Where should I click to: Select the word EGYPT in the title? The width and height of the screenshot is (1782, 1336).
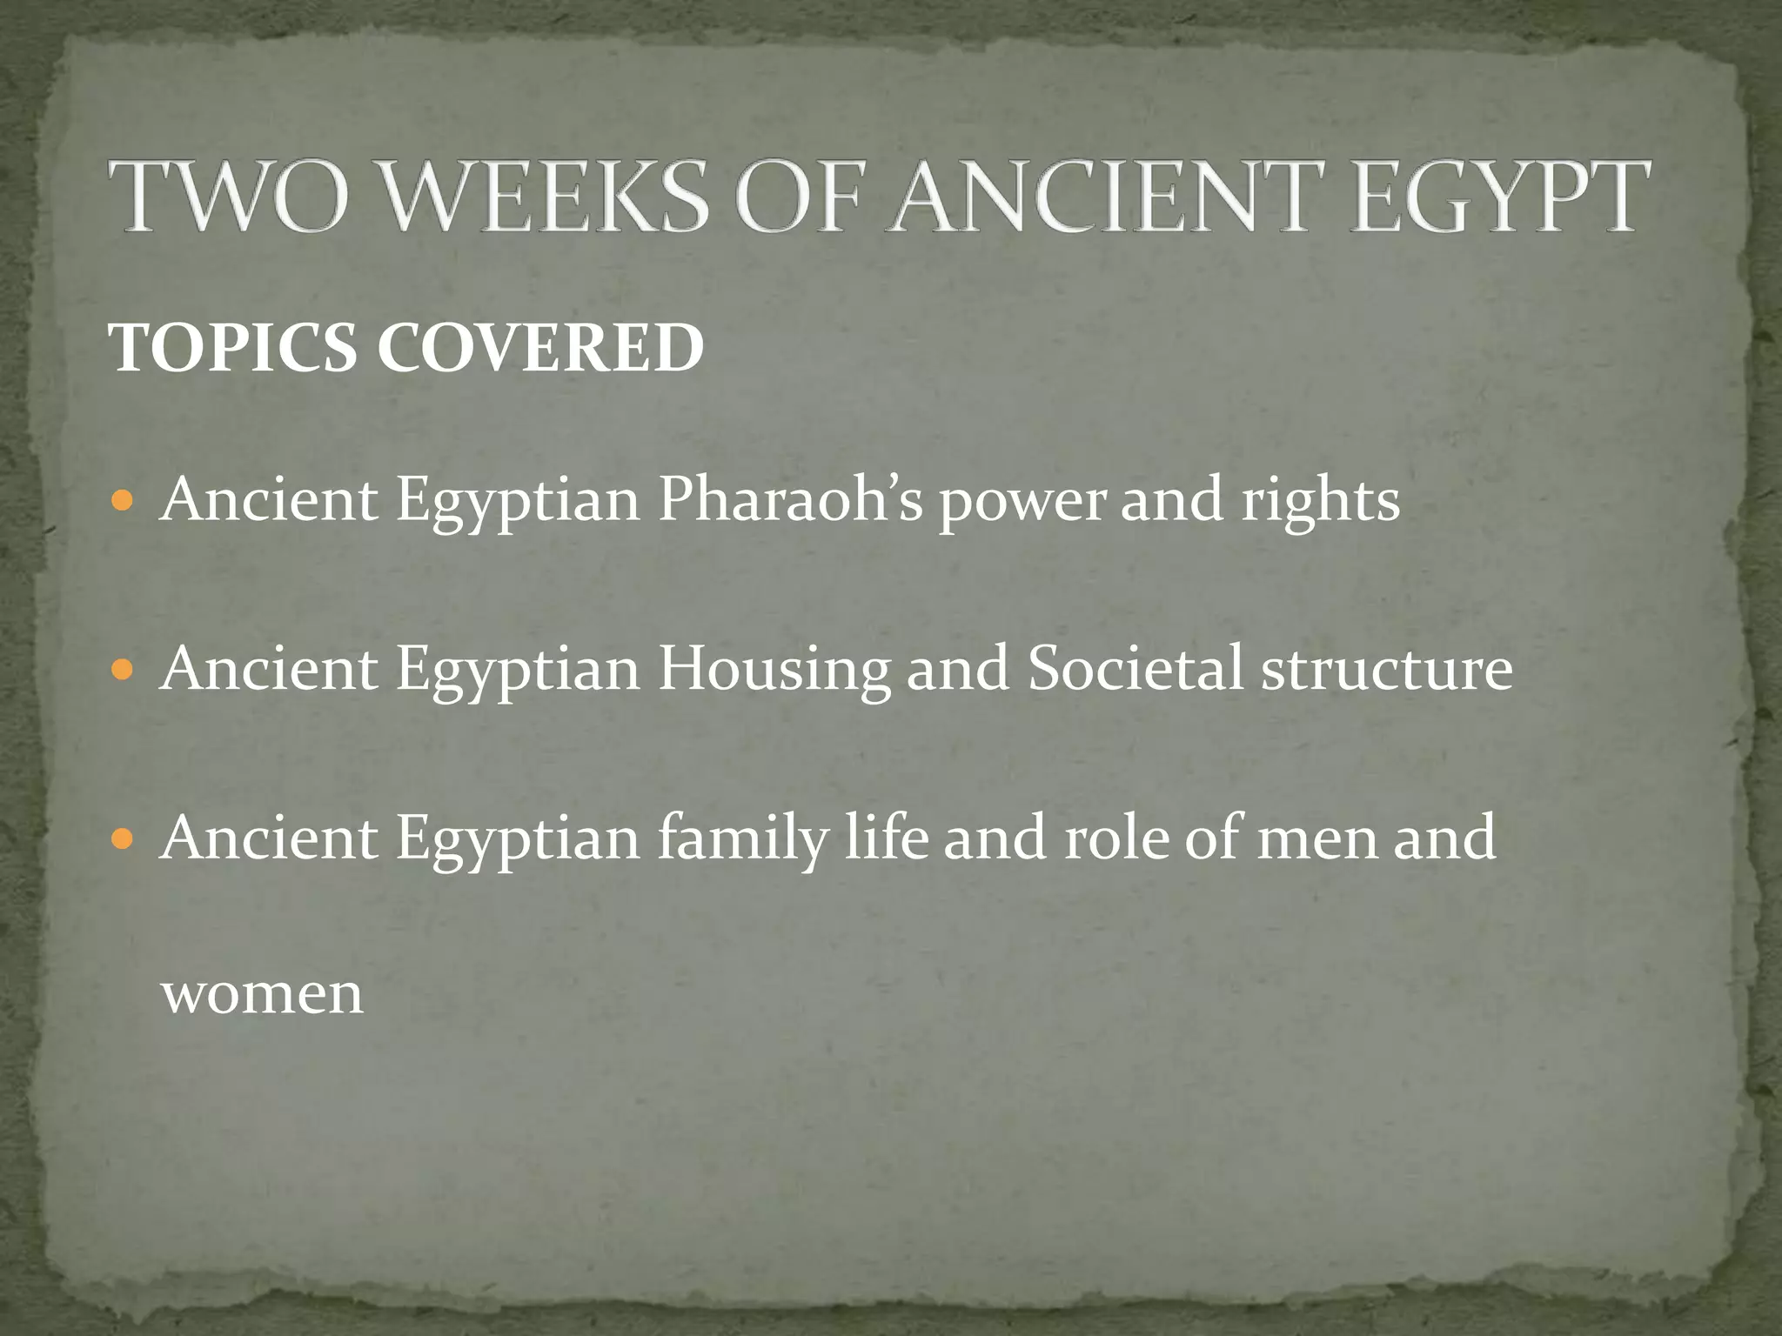(x=1498, y=197)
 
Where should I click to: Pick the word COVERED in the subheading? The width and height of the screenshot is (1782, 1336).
(x=540, y=348)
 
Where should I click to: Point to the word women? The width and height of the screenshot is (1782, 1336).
(x=262, y=994)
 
